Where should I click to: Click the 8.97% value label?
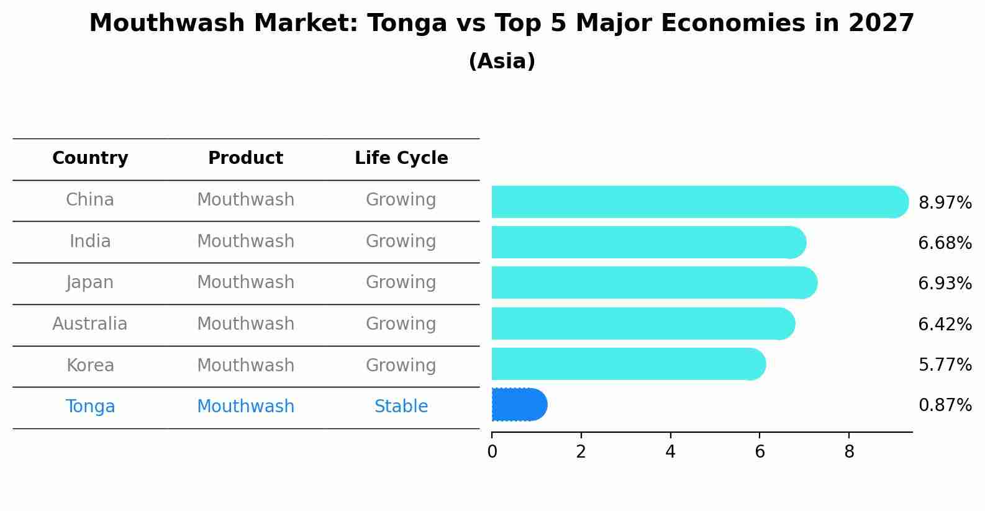(x=945, y=203)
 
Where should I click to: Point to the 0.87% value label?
(x=945, y=405)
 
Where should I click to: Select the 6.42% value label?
(x=945, y=324)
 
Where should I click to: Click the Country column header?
(x=90, y=158)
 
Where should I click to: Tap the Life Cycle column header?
(x=401, y=158)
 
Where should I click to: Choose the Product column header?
(x=245, y=158)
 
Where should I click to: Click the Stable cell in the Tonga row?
(x=401, y=407)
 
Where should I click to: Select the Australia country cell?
(x=90, y=324)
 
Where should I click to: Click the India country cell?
(x=90, y=242)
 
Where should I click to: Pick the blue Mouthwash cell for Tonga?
(x=245, y=407)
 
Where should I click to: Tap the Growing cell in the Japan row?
(x=401, y=283)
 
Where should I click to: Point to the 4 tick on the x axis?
(x=670, y=452)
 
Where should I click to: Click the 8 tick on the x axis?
(x=849, y=452)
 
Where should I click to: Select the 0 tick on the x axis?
(x=492, y=452)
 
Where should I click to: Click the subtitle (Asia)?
(x=502, y=61)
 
